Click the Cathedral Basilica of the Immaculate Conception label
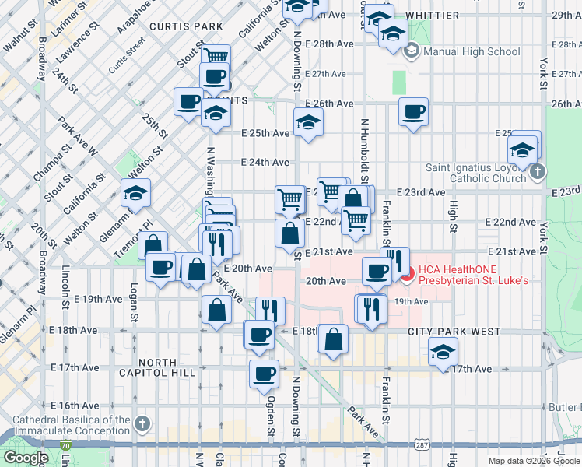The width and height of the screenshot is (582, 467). [72, 425]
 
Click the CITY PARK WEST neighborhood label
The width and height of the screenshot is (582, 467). [454, 332]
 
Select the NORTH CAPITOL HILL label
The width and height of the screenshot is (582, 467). [167, 367]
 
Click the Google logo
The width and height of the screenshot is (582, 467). [26, 458]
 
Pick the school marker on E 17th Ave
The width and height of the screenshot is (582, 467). [443, 353]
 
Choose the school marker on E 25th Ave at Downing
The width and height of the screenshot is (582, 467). [309, 122]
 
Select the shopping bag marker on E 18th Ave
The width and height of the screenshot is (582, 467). [333, 339]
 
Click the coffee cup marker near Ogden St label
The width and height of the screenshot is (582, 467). [264, 374]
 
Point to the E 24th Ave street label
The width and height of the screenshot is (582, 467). [265, 163]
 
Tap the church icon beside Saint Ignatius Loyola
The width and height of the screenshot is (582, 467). [537, 171]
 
